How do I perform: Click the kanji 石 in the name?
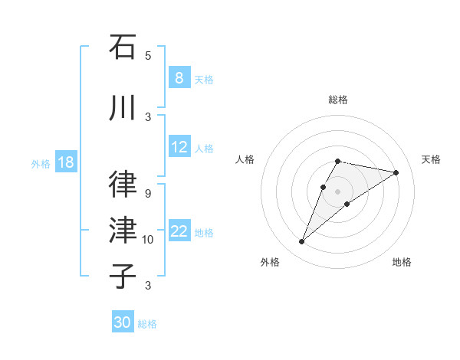click(123, 47)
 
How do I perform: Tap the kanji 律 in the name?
click(123, 185)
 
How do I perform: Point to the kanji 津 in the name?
click(123, 231)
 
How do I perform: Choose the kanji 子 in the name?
click(123, 277)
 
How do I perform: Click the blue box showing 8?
click(179, 78)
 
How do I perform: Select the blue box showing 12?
click(179, 148)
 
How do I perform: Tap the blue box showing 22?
click(179, 232)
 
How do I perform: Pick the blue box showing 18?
click(65, 162)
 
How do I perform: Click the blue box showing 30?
click(122, 322)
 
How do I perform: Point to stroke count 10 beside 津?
click(148, 240)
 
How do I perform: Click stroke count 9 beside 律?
click(148, 194)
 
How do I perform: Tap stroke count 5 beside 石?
click(148, 55)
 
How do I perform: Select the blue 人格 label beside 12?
click(205, 149)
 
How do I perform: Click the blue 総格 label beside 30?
click(147, 324)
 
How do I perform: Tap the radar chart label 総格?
click(337, 100)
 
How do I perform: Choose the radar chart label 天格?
click(431, 159)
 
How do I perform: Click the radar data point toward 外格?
click(301, 242)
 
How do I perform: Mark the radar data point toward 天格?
click(396, 172)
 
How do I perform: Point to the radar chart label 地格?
click(402, 262)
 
